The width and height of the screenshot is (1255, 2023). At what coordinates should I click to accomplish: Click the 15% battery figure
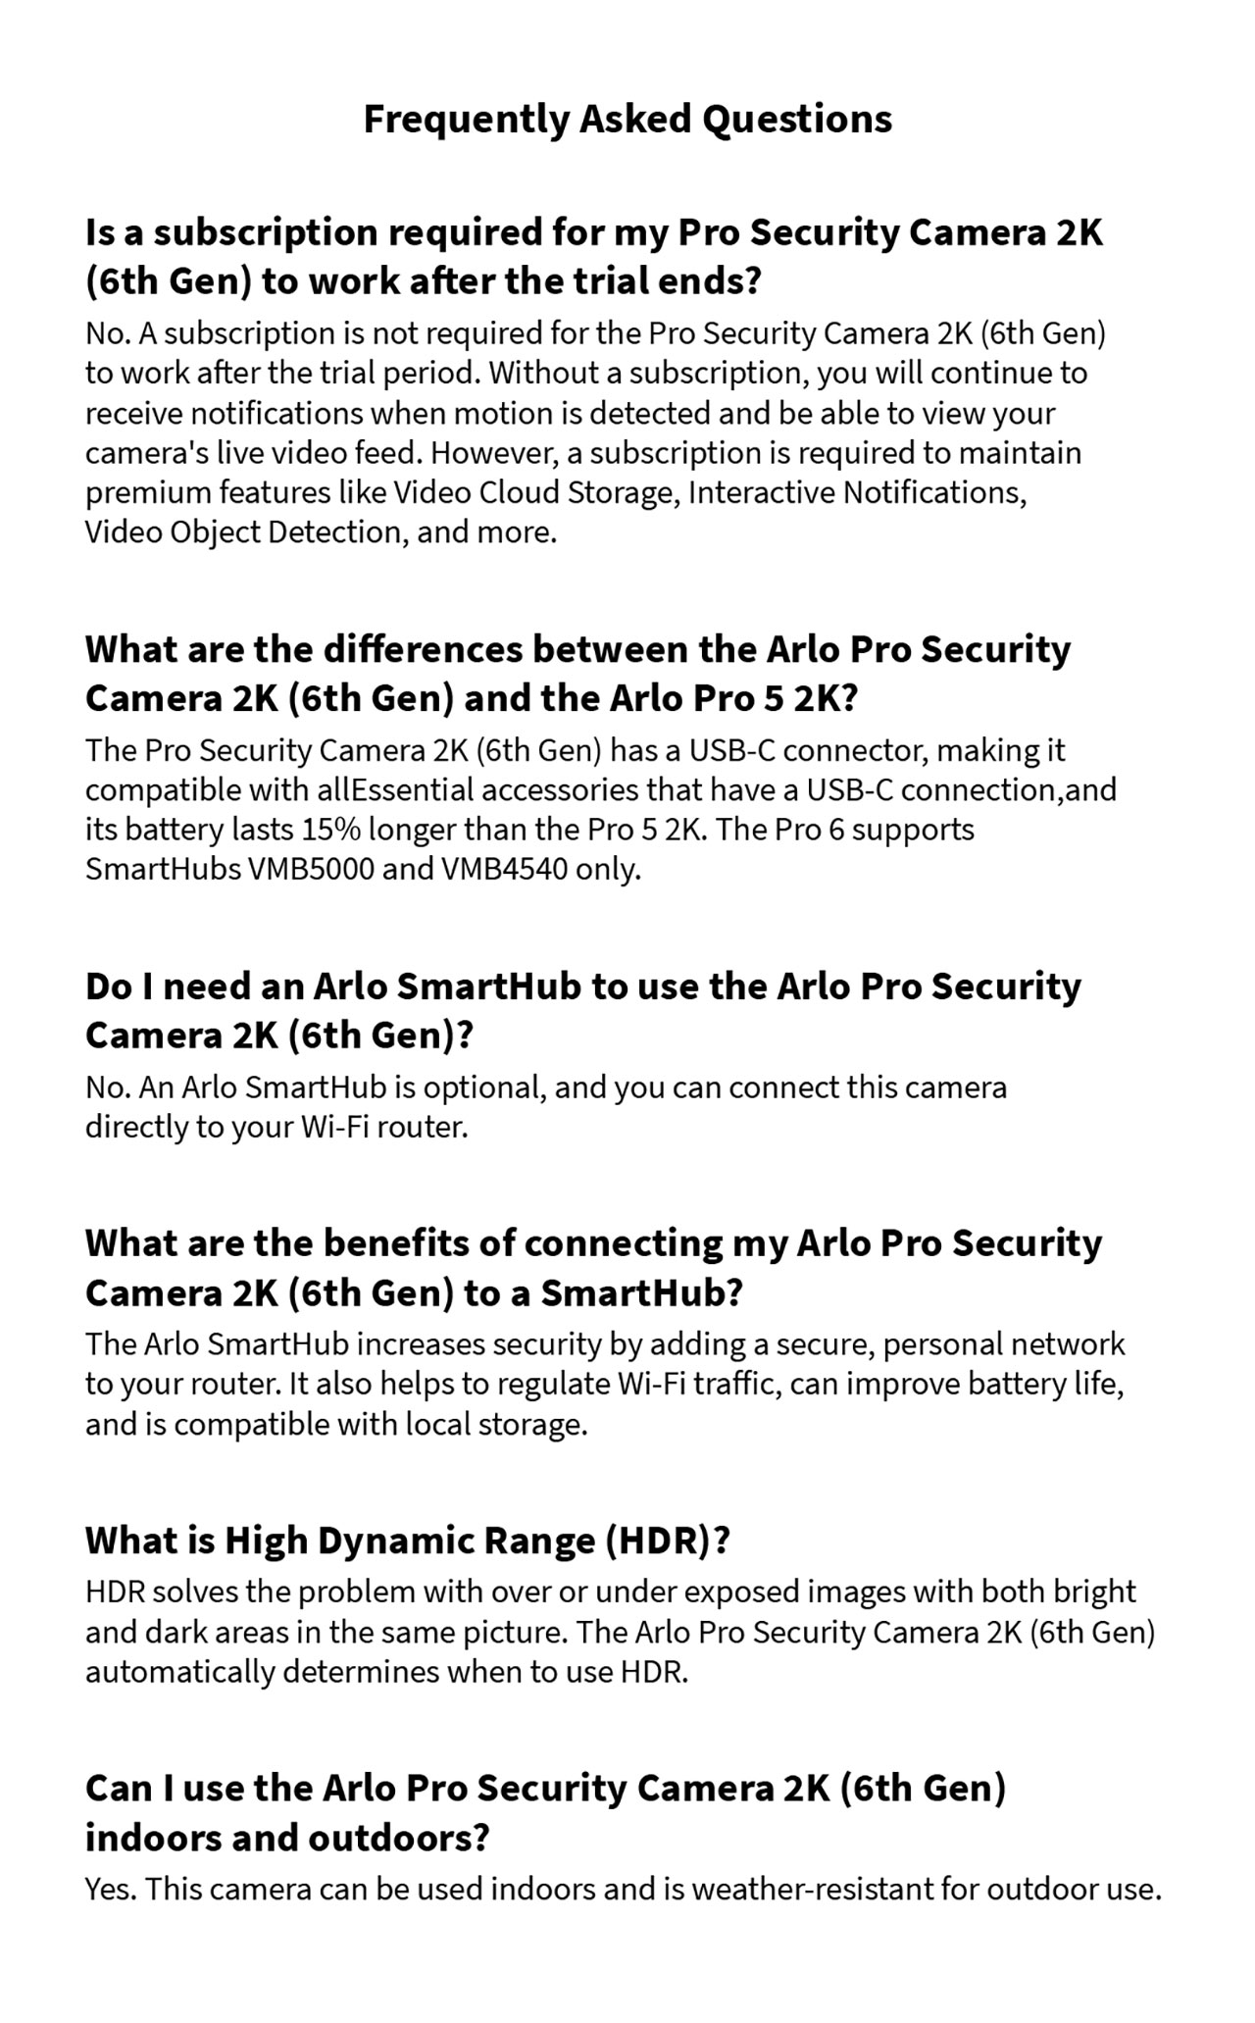(x=330, y=830)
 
